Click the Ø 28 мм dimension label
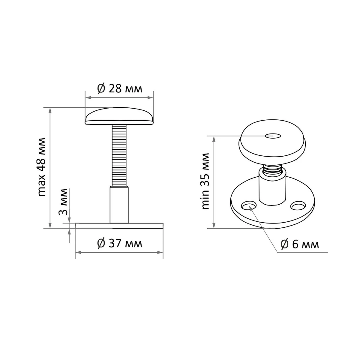tap(120, 88)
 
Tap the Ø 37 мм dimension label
tap(120, 243)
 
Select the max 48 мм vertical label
tap(41, 167)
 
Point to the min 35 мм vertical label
tap(205, 181)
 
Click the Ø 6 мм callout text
tap(300, 244)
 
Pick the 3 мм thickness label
tap(63, 202)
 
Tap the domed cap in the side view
tap(119, 116)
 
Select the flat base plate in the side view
tap(119, 226)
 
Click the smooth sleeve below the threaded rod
tap(119, 205)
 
